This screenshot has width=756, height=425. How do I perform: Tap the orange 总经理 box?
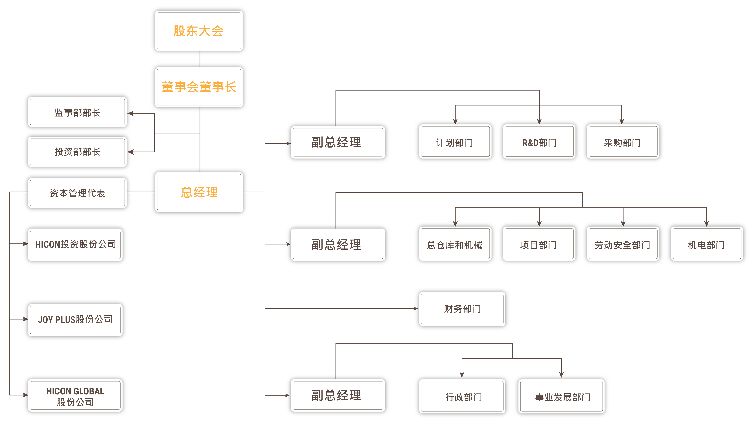point(199,192)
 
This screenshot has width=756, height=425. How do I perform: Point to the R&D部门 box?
point(539,142)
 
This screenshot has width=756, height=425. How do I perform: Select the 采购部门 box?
point(623,142)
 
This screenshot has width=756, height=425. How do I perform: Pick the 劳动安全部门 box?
point(623,244)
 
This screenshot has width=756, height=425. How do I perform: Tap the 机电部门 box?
point(707,244)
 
